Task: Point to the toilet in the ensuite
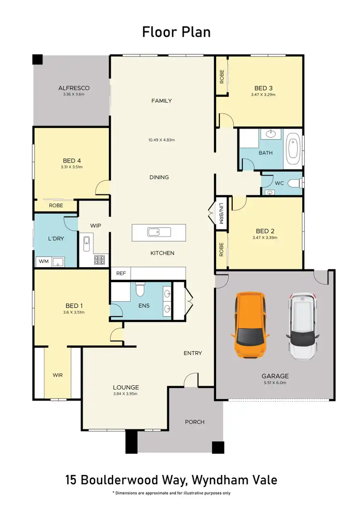(140, 289)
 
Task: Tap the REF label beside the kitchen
(120, 273)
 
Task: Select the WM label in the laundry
(43, 262)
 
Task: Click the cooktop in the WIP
(100, 260)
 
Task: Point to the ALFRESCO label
(74, 88)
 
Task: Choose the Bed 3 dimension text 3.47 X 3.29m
(263, 95)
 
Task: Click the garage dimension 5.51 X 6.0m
(275, 383)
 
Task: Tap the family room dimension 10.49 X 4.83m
(161, 140)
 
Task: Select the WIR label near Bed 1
(58, 375)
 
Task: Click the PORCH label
(194, 422)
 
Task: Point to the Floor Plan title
(176, 32)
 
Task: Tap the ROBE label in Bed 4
(55, 205)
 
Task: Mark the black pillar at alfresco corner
(37, 59)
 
